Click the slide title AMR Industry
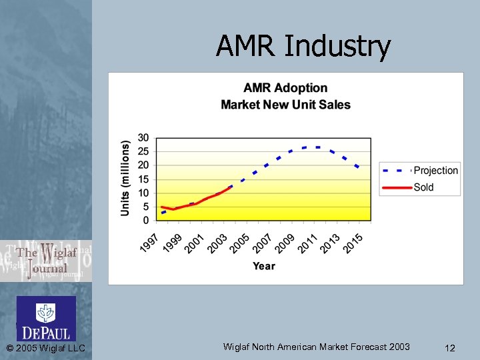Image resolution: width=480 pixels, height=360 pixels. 303,46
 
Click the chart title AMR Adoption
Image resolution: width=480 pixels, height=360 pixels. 285,88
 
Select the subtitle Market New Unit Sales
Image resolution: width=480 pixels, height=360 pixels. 285,105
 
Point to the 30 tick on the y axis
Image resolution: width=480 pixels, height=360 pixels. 143,138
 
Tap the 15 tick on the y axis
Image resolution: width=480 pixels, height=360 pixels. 143,179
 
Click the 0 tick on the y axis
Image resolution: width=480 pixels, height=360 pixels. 146,221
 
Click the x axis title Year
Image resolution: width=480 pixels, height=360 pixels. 263,266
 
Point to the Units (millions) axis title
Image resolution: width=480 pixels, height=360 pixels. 125,178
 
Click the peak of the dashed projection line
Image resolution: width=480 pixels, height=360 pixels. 311,147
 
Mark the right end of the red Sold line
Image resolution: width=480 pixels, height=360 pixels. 231,187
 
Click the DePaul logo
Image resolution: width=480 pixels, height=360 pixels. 46,319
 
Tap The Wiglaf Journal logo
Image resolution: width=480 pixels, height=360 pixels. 45,261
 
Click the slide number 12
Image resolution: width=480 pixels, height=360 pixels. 449,347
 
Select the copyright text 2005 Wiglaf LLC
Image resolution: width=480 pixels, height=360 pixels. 45,348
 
